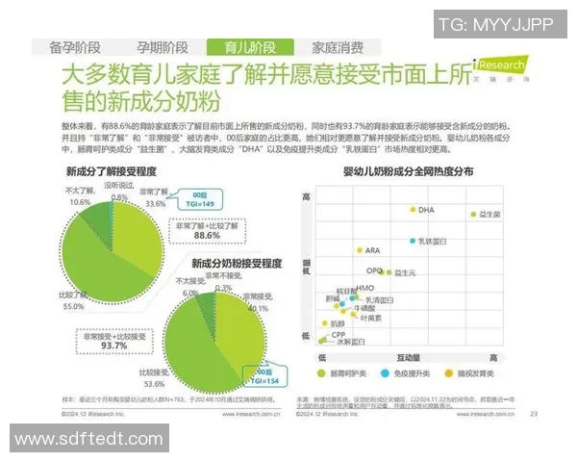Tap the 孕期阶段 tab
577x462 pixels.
(x=162, y=47)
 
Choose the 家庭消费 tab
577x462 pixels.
(x=338, y=47)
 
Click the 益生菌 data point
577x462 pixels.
(x=471, y=214)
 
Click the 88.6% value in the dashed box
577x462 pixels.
(x=207, y=234)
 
